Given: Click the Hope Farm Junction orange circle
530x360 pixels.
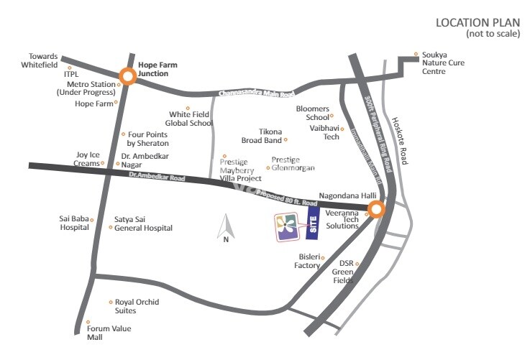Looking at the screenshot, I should [x=128, y=76].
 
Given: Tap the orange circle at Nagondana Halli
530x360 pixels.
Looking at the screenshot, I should [x=376, y=210].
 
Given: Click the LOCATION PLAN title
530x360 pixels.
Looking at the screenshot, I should [x=478, y=23].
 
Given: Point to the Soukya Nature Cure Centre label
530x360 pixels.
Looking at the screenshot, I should [x=444, y=63].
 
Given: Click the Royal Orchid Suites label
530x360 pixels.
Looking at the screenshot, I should [x=137, y=306].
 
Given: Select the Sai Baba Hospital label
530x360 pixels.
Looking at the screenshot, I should [x=74, y=223].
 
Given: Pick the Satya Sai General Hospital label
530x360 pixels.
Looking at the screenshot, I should [x=143, y=223].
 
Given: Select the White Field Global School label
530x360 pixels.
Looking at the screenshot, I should [x=191, y=119].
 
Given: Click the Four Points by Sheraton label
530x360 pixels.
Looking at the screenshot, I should [x=147, y=139].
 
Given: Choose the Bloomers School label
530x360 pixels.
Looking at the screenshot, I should [x=312, y=113].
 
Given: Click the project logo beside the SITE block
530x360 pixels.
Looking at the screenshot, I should [x=285, y=228].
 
